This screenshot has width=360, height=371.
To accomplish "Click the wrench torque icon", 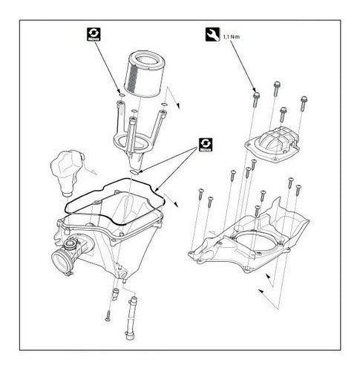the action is coord(212,34).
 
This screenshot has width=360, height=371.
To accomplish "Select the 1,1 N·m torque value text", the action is coord(232,37).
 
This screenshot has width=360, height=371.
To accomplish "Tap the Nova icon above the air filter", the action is coord(94,34).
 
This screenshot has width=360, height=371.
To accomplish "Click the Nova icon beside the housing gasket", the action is coord(206,145).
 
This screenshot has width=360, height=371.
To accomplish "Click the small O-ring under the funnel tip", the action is coord(135,172).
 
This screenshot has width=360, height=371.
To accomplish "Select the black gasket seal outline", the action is coord(114,202).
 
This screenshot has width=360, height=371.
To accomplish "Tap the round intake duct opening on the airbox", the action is coord(60,262).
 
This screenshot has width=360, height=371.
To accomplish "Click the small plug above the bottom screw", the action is coord(115,294).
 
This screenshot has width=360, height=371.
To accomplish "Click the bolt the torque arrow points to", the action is coord(256,99).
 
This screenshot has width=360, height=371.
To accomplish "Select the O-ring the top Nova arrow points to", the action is coord(122,95).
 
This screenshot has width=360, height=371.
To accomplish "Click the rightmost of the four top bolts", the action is coord(304,103).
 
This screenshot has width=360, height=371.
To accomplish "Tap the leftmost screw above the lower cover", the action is coord(200,194).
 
